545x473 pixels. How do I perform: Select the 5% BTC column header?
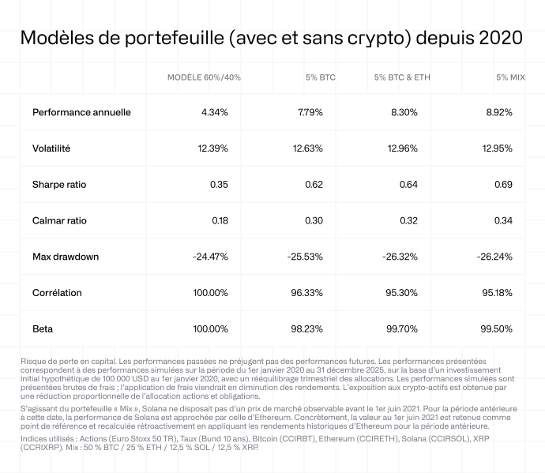(320, 77)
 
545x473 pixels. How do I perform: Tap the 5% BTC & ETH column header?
(402, 77)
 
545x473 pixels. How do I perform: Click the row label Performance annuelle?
(81, 112)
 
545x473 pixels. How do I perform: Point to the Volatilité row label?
(51, 148)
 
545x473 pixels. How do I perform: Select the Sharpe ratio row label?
(59, 185)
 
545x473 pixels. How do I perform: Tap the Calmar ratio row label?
(60, 221)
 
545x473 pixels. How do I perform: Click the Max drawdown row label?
(66, 257)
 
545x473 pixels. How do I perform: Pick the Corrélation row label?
(57, 293)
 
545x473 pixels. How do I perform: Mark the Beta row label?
(43, 328)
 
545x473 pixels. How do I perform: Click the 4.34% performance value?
(215, 112)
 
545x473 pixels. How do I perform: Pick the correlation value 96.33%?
(318, 293)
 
